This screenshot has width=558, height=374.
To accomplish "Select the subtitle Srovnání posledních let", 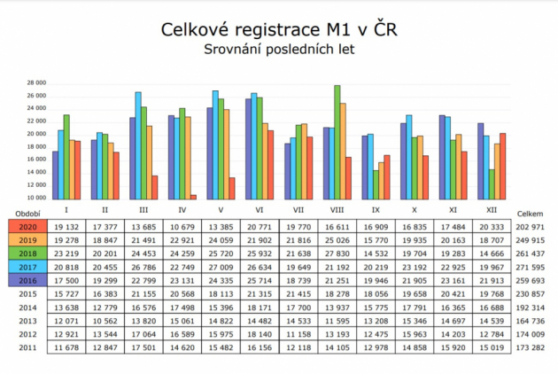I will (279, 50).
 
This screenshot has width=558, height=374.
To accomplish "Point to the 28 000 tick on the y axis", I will (35, 82).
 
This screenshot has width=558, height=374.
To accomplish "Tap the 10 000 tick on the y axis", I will (35, 198).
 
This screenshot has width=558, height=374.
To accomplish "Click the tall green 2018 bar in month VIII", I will (337, 142).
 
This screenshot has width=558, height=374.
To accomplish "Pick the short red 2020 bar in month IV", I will (193, 197).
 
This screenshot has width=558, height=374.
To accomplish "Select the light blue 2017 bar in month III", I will (138, 145).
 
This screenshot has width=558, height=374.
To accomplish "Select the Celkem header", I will (530, 214).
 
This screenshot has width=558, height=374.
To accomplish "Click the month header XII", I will (493, 210).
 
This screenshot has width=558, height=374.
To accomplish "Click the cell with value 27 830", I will (337, 253).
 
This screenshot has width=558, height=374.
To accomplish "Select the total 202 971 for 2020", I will (530, 226).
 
